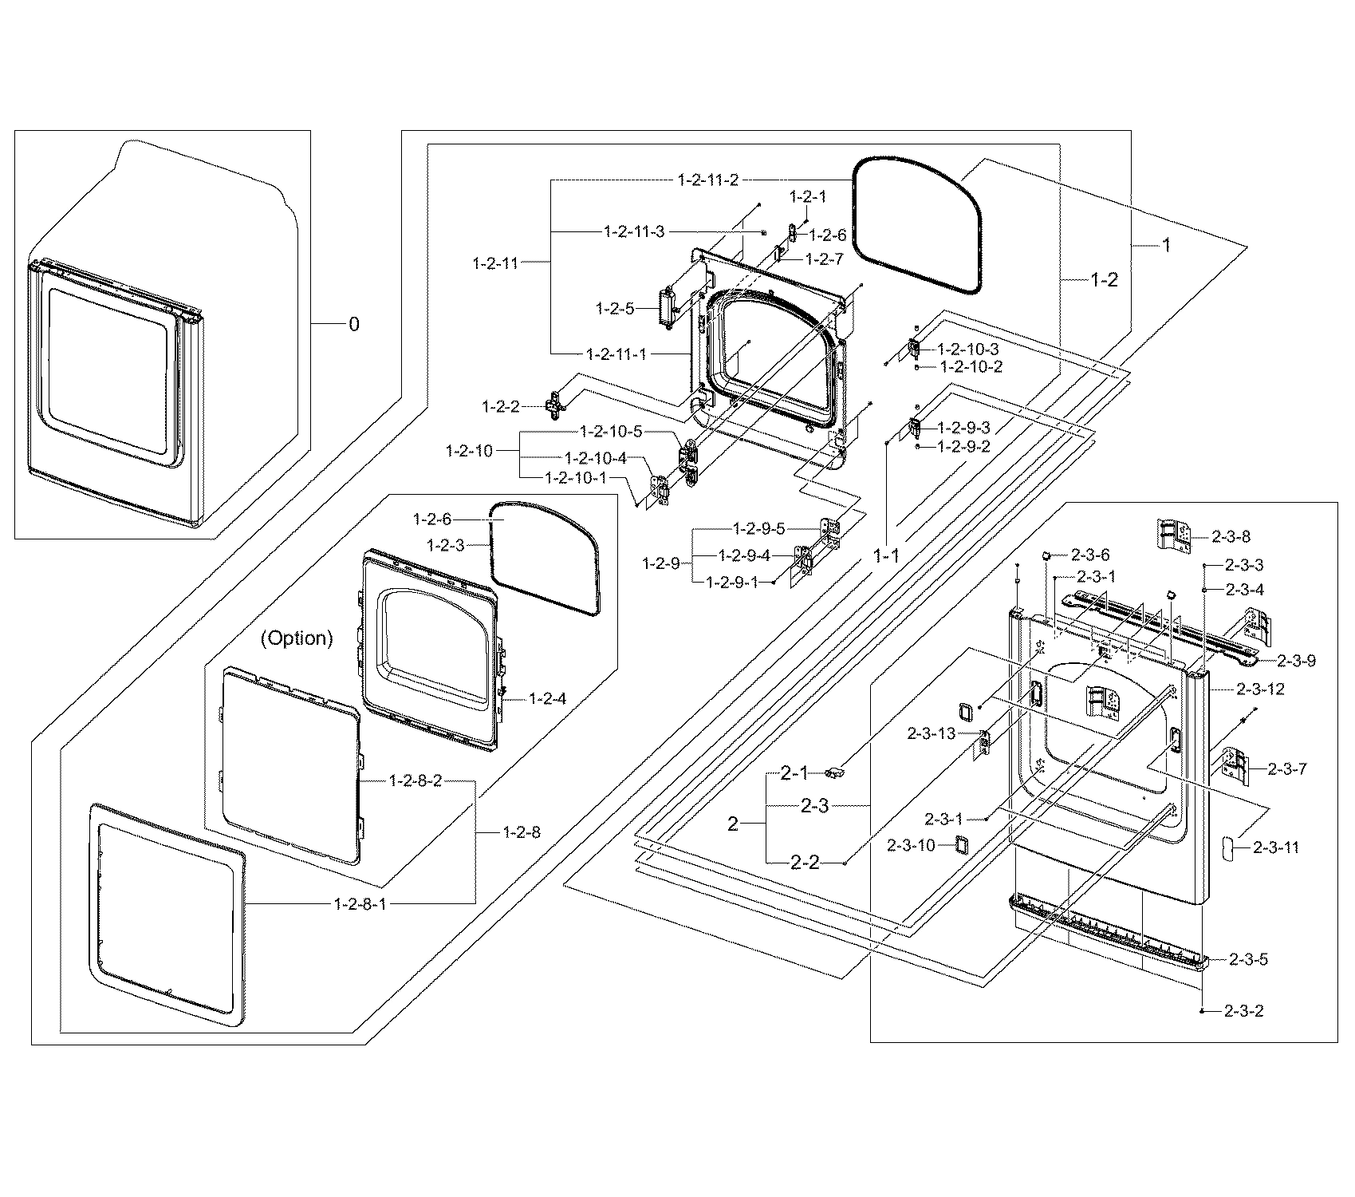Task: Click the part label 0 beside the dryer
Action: [354, 324]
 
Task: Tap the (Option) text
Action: [297, 638]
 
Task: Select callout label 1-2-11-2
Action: [708, 180]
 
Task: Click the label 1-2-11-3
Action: [633, 231]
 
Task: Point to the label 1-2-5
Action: [615, 308]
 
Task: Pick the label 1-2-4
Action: [547, 699]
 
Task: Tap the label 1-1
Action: [886, 556]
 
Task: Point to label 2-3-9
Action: [1296, 661]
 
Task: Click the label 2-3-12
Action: [1261, 689]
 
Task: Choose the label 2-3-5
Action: [1248, 959]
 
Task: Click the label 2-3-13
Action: [931, 733]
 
